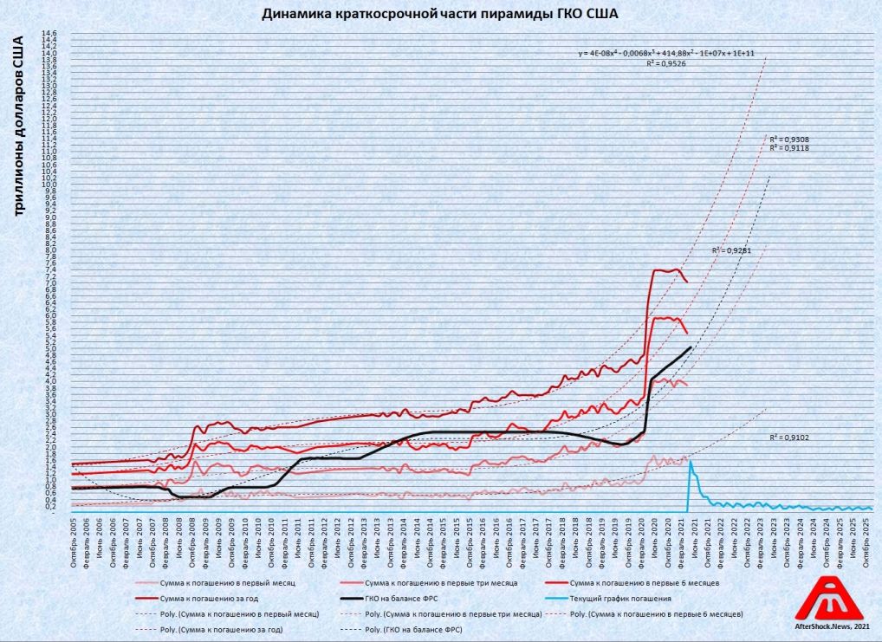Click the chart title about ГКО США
tap(441, 14)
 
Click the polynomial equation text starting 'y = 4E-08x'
tap(666, 53)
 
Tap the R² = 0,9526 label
tap(666, 63)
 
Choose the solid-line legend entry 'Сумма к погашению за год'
tap(213, 599)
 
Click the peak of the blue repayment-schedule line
tap(691, 462)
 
